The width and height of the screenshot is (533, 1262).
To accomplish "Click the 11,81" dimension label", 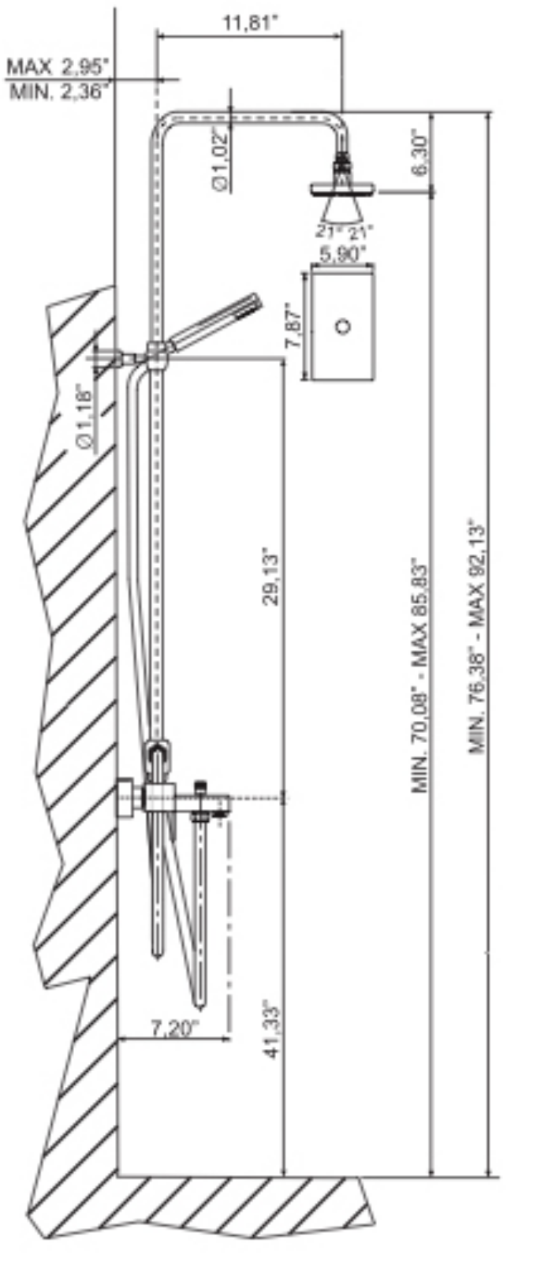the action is (x=251, y=24).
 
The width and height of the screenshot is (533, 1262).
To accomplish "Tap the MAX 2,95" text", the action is (x=58, y=68).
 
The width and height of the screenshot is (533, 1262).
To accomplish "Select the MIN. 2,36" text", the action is (x=59, y=91).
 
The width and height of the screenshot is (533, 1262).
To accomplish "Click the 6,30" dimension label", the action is (x=422, y=153).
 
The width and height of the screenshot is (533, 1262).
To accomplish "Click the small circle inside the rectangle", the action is (x=343, y=326).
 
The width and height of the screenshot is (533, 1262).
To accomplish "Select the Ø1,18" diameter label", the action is (x=85, y=416).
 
